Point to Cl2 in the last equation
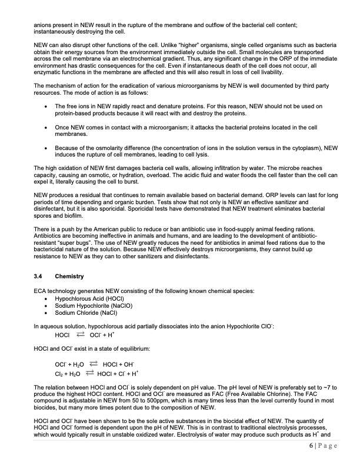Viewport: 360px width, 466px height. [58, 373]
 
